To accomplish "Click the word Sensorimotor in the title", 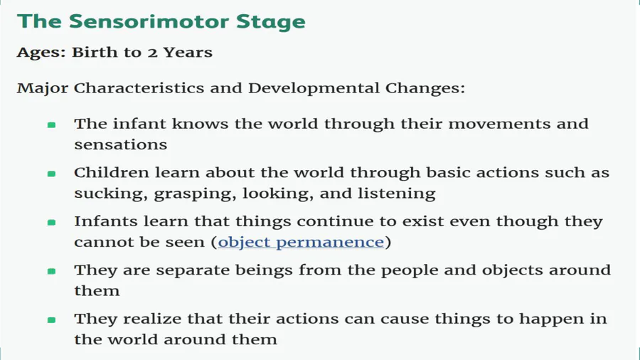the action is click(x=149, y=21).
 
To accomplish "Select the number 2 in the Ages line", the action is click(x=152, y=53).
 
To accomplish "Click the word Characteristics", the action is click(x=139, y=88).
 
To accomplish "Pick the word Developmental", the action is click(x=314, y=88).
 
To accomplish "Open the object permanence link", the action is click(x=301, y=243).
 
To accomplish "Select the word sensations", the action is click(x=121, y=145).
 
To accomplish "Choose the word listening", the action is click(x=396, y=194).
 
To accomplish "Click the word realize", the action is click(x=152, y=319).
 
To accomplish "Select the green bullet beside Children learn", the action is click(x=51, y=174).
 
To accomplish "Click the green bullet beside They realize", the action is click(x=51, y=320).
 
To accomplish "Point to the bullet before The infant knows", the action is click(x=51, y=125).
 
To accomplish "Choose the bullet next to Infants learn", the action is click(x=51, y=223).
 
